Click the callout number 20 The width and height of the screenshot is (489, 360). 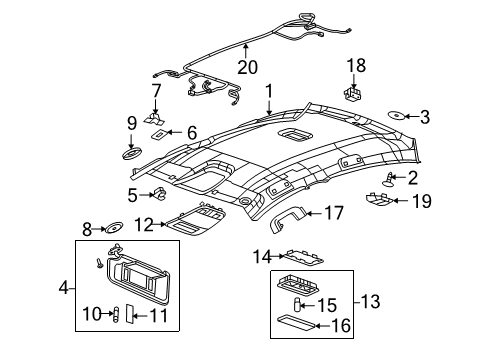tap(247, 67)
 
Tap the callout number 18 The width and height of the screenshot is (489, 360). tap(357, 66)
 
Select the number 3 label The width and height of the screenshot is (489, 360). tap(424, 118)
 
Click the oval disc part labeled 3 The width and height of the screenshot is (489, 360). tap(396, 117)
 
